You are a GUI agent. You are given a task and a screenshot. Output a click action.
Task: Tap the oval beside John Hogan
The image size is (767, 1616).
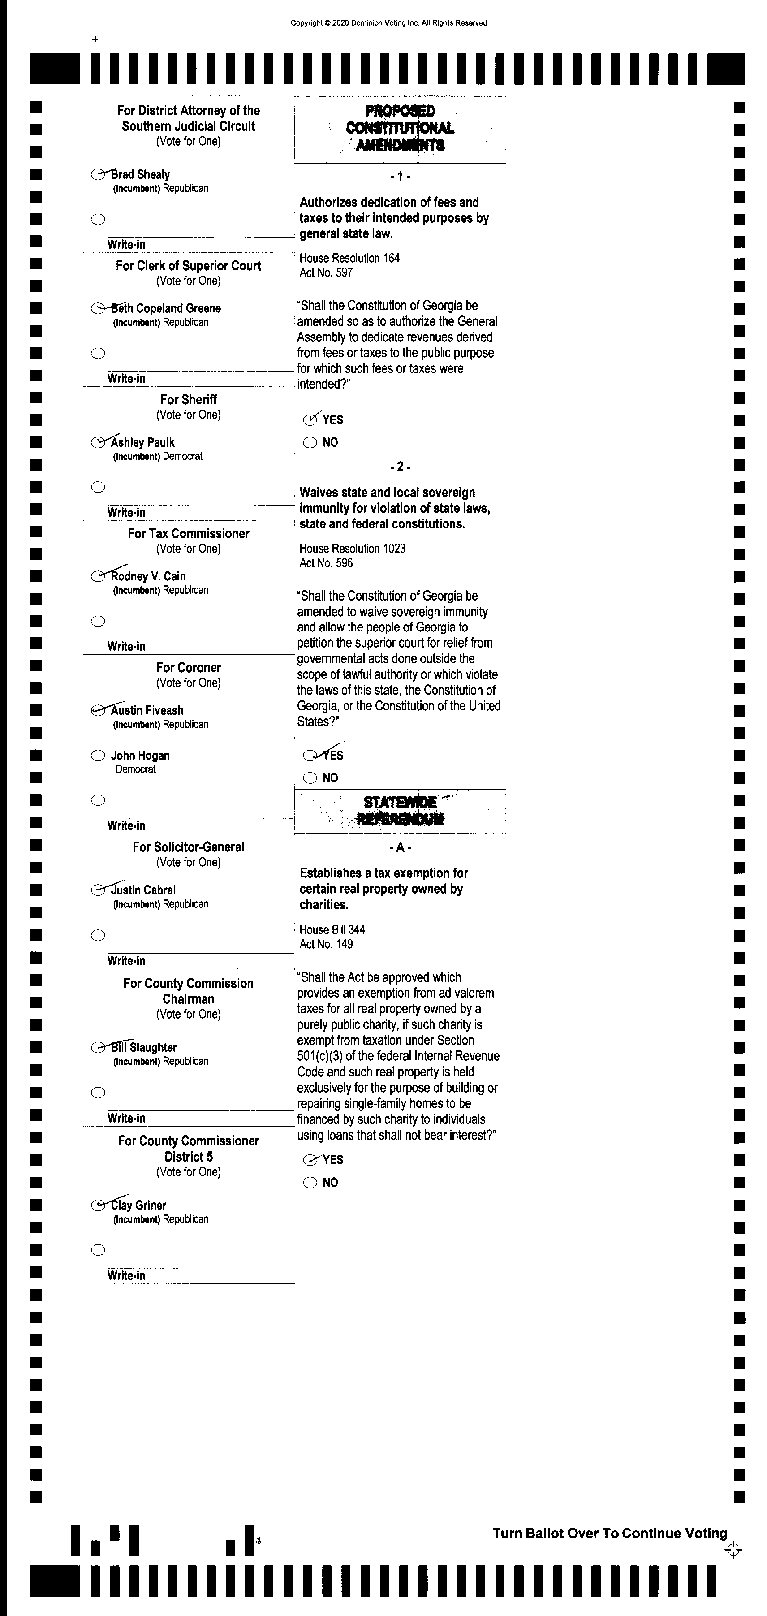pyautogui.click(x=98, y=755)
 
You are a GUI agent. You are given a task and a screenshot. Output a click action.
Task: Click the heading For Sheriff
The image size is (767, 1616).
pyautogui.click(x=188, y=400)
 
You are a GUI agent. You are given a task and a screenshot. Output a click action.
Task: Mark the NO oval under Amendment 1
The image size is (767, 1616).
pyautogui.click(x=310, y=443)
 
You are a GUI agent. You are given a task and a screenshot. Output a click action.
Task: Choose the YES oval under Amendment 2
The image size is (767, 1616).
pyautogui.click(x=310, y=755)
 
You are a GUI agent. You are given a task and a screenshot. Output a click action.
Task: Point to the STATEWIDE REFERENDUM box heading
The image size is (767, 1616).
pyautogui.click(x=400, y=811)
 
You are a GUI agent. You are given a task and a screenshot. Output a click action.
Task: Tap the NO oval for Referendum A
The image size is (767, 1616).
pyautogui.click(x=310, y=1183)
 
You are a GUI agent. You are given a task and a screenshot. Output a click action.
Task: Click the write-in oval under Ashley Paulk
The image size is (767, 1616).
pyautogui.click(x=98, y=487)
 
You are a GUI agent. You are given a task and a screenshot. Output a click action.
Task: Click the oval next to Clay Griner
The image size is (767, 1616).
pyautogui.click(x=98, y=1205)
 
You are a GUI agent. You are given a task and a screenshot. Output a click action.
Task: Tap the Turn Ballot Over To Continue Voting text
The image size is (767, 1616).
pyautogui.click(x=610, y=1533)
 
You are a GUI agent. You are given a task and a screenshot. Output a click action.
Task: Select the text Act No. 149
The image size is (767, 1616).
pyautogui.click(x=326, y=944)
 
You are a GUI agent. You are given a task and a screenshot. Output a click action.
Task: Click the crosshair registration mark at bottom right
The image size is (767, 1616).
pyautogui.click(x=733, y=1550)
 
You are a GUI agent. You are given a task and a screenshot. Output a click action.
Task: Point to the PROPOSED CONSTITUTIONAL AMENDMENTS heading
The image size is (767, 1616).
pyautogui.click(x=400, y=129)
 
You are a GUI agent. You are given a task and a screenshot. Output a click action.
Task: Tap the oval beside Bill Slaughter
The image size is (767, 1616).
pyautogui.click(x=98, y=1047)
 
